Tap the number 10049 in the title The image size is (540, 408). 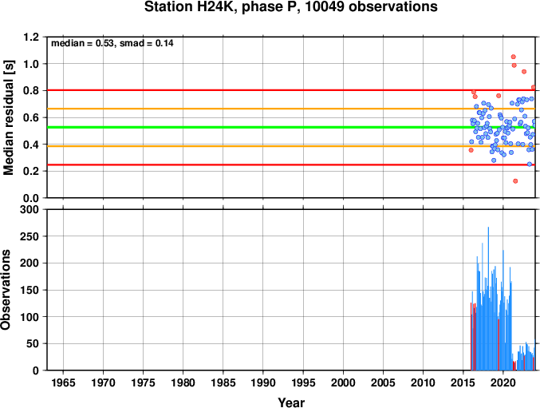coord(325,6)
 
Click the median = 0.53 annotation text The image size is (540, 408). coord(82,43)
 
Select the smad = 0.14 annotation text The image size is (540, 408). coord(146,43)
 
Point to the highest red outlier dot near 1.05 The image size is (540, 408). coord(513,57)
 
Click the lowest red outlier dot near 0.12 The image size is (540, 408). coord(515,181)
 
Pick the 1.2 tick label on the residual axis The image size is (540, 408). coord(31,37)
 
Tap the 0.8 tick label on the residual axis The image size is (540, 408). coord(31,91)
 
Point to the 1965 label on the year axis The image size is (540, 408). coord(63,382)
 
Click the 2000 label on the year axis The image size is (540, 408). coord(343,382)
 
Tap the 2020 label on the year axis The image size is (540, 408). coord(503,382)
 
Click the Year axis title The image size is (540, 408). coord(291,402)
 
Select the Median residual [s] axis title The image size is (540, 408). coord(8,117)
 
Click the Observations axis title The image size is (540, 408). coord(6,290)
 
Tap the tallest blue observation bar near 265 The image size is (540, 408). coord(488,299)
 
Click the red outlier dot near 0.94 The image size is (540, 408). coord(524,72)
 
